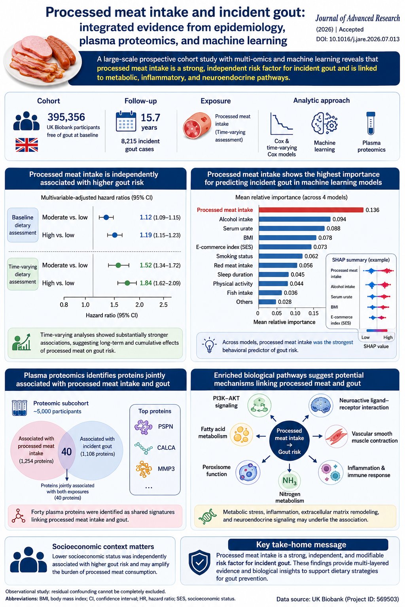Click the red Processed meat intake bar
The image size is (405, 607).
[x=311, y=210]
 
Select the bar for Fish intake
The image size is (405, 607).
[x=270, y=293]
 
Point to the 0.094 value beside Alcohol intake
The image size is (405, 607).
[x=339, y=219]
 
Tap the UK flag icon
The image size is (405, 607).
[x=26, y=145]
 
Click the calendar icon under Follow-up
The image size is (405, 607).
[x=126, y=121]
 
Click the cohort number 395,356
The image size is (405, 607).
[x=66, y=117]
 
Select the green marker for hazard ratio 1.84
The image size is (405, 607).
[x=127, y=283]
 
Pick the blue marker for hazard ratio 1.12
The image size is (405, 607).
[x=106, y=217]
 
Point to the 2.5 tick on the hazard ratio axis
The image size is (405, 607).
[x=163, y=305]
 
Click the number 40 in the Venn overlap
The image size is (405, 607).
[x=66, y=451]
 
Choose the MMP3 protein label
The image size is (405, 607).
[x=166, y=469]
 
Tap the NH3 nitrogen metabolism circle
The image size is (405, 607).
[x=290, y=481]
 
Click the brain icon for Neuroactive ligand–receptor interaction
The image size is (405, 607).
[x=321, y=406]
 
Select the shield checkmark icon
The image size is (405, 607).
[x=199, y=562]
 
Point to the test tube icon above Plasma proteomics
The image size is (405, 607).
[x=371, y=123]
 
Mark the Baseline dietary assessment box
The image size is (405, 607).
[x=23, y=225]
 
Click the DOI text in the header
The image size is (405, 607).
[x=358, y=39]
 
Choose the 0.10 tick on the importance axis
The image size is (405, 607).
[x=295, y=313]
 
